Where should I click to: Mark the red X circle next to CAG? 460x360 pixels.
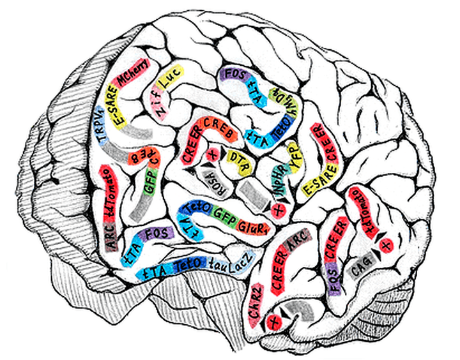(385, 245)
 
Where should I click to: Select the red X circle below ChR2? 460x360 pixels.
(275, 319)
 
